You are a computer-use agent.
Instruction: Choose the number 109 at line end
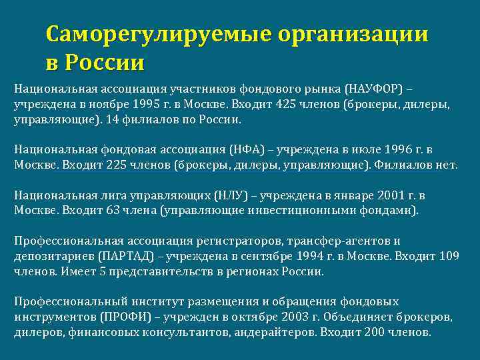click(x=451, y=257)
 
